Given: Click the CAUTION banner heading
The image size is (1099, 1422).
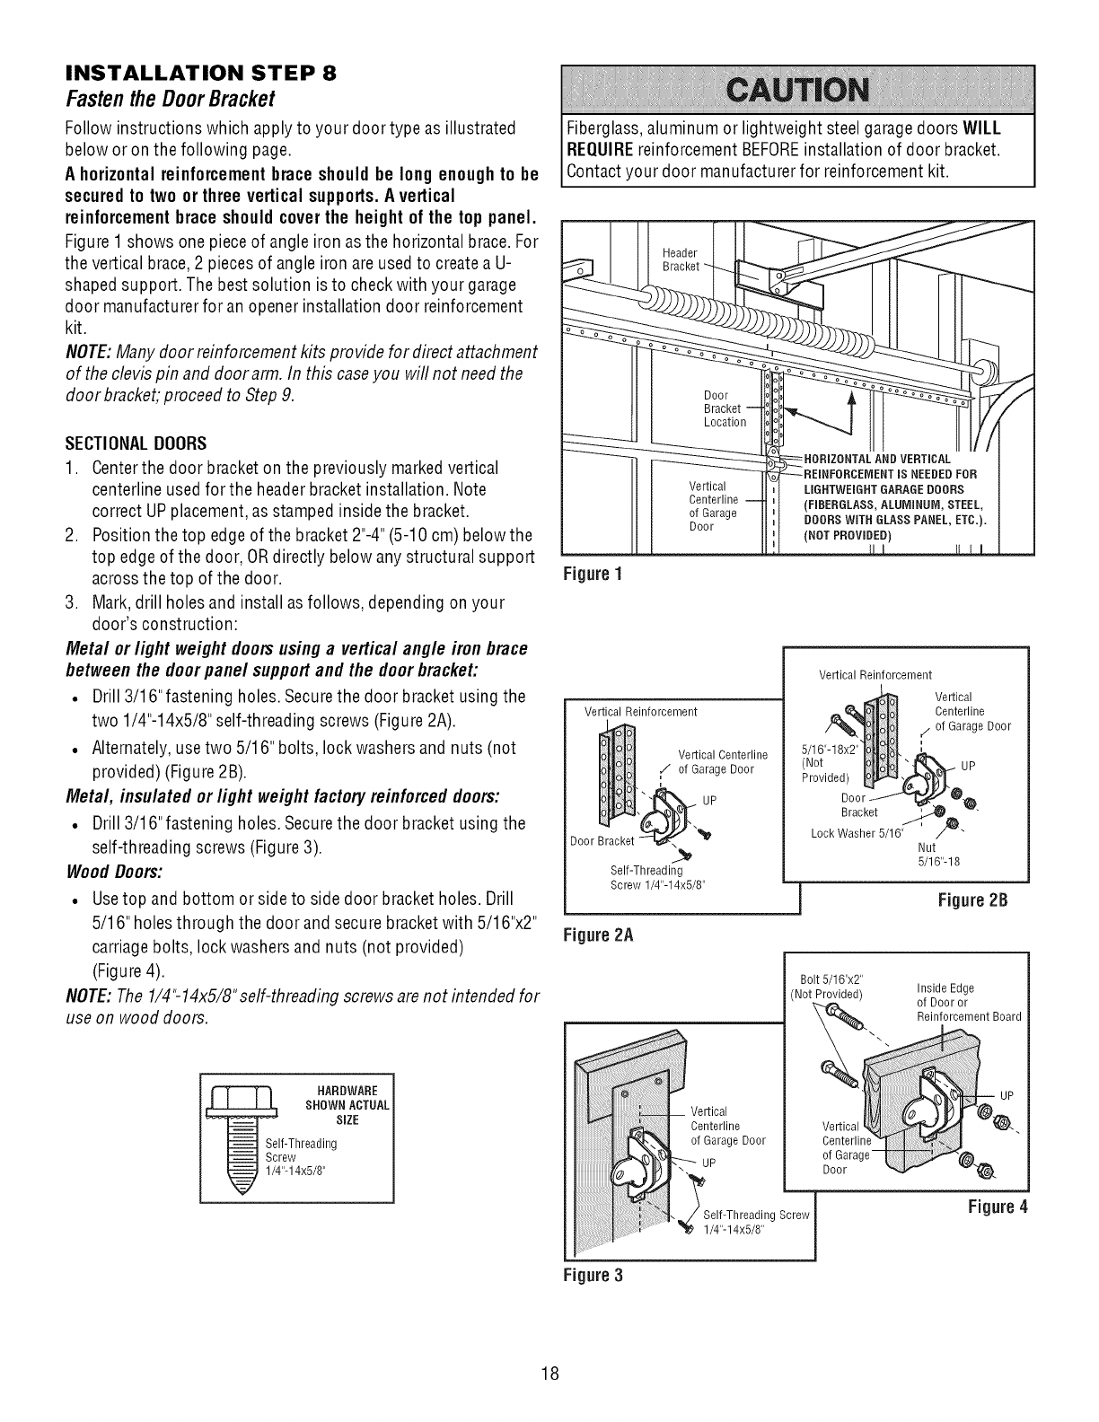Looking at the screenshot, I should click(796, 91).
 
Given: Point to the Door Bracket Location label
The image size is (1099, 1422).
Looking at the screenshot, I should click(724, 408).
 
